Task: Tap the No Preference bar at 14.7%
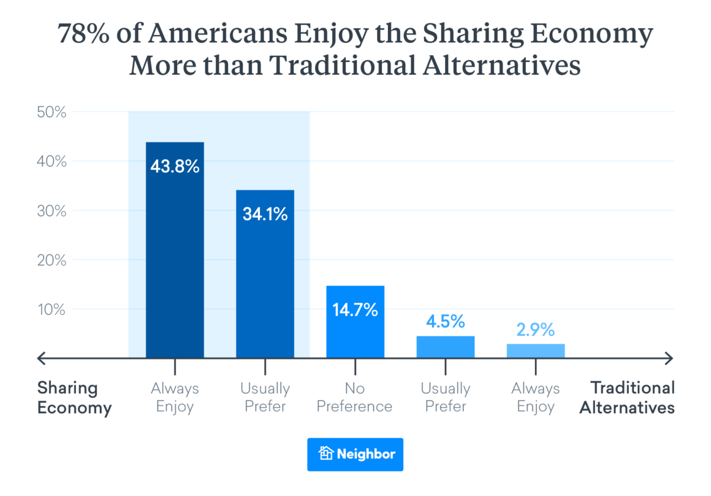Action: pyautogui.click(x=355, y=322)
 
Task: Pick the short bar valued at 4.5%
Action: pyautogui.click(x=445, y=347)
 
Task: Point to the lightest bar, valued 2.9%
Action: pyautogui.click(x=536, y=351)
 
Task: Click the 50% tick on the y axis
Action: pyautogui.click(x=51, y=112)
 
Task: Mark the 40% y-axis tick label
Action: pyautogui.click(x=51, y=162)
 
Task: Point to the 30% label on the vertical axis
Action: pyautogui.click(x=51, y=211)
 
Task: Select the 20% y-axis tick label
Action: pyautogui.click(x=51, y=261)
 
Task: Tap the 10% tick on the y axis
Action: pyautogui.click(x=51, y=310)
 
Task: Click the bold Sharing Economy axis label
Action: pyautogui.click(x=74, y=398)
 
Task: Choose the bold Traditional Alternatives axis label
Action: pyautogui.click(x=628, y=398)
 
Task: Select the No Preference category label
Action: pyautogui.click(x=355, y=398)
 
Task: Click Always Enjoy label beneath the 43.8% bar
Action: pyautogui.click(x=175, y=398)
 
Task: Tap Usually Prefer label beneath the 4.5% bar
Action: pyautogui.click(x=445, y=398)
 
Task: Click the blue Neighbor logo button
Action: pyautogui.click(x=355, y=454)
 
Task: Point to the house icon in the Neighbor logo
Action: pyautogui.click(x=326, y=454)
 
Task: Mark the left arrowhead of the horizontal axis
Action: pyautogui.click(x=41, y=357)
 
